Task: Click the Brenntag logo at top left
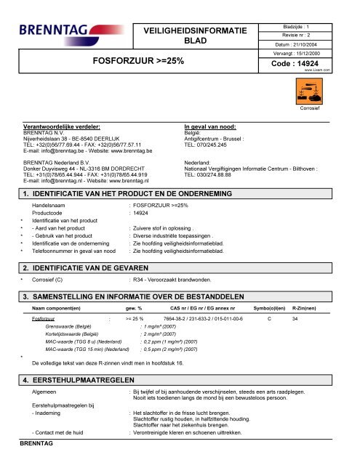[54, 33]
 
